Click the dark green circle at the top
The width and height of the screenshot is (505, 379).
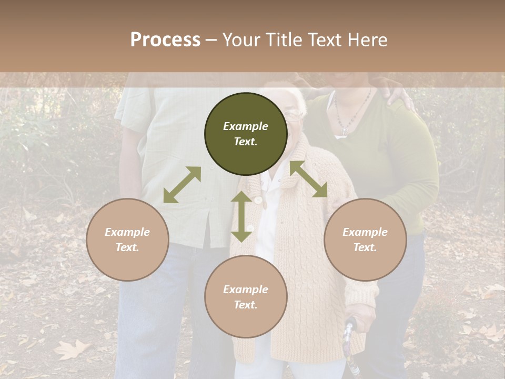246,134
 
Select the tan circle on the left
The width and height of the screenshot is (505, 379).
127,240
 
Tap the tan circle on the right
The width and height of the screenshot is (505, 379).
365,240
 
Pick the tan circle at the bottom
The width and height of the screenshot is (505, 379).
246,297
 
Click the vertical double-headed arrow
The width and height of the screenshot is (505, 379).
241,216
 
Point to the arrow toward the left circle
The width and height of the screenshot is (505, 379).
182,185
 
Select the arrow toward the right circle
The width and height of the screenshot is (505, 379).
309,179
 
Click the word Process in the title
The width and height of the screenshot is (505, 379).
165,39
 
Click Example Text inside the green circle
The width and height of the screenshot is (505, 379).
246,134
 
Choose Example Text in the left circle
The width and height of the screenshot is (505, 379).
127,240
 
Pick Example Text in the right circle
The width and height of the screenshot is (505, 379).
365,240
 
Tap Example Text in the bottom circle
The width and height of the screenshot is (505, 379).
246,297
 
